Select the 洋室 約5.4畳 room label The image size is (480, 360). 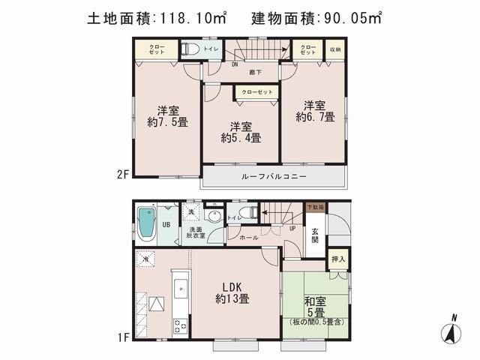pos(240,131)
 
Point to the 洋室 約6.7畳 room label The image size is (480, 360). pos(314,111)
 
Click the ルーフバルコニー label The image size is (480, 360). pos(274,176)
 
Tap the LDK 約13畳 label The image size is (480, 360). pos(233,291)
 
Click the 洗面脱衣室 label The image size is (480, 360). pos(196,232)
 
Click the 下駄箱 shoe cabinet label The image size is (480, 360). pos(314,206)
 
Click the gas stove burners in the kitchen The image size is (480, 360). pos(181,325)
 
